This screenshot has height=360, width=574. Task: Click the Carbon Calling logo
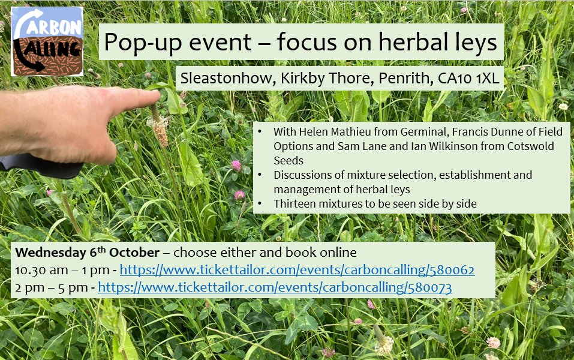click(x=47, y=41)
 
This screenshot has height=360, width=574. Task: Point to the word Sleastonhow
click(x=227, y=78)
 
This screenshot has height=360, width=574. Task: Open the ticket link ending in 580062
click(x=297, y=270)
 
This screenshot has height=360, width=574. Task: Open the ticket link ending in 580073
click(x=275, y=287)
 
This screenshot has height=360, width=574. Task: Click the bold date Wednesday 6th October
click(x=87, y=252)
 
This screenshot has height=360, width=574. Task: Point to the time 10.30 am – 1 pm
click(x=62, y=270)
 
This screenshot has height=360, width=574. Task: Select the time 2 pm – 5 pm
click(x=51, y=287)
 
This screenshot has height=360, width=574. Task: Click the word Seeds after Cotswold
click(x=288, y=160)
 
